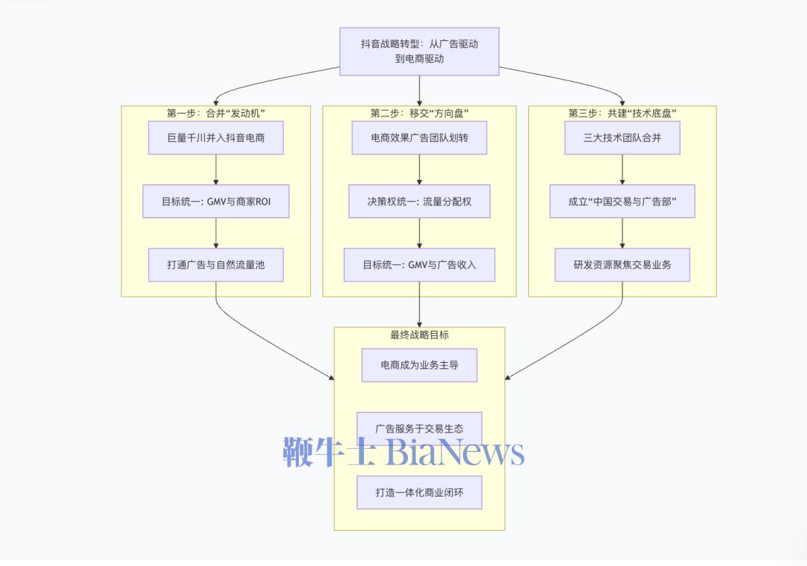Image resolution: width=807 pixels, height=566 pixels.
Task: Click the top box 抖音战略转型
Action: (x=419, y=52)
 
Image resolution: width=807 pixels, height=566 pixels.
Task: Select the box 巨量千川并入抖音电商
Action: (x=215, y=138)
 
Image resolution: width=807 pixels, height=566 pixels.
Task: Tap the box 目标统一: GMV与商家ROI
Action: (x=215, y=202)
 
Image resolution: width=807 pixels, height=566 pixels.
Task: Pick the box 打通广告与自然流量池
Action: (x=215, y=265)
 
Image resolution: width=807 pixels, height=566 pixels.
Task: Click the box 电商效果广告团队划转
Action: (x=419, y=138)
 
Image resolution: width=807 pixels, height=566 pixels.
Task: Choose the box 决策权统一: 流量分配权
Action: (x=419, y=202)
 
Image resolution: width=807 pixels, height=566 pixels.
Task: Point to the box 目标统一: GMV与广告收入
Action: (x=419, y=265)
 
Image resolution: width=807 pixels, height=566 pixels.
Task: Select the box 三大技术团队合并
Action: (x=622, y=138)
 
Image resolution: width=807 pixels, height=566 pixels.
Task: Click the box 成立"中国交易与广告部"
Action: (x=622, y=202)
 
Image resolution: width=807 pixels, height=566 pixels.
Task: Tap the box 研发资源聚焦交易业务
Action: (x=622, y=265)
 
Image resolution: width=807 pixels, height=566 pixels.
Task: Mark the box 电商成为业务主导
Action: (x=419, y=365)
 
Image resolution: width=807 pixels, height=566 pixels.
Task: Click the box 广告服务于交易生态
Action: (x=419, y=429)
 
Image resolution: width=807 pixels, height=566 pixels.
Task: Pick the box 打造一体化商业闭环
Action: (x=419, y=493)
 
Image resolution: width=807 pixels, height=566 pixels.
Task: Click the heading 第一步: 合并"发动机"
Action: (x=215, y=113)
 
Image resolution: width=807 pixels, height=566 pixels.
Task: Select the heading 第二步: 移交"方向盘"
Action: (x=419, y=113)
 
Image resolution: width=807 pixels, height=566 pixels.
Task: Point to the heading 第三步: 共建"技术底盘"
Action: (x=622, y=113)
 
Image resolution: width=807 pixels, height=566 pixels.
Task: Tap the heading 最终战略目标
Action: (x=419, y=335)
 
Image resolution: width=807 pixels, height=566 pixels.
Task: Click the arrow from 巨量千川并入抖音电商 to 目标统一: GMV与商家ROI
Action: (x=215, y=170)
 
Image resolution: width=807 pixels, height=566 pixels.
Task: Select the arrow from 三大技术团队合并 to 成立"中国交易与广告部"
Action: (x=622, y=170)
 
